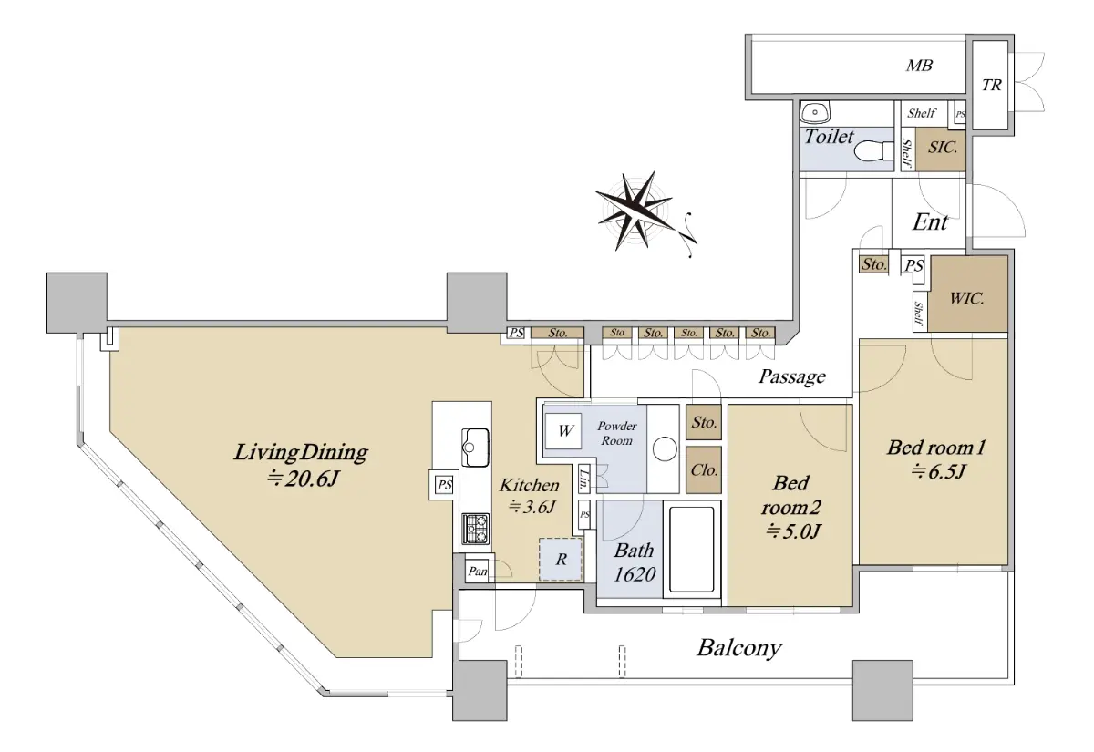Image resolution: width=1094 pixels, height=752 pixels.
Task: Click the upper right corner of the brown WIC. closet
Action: click(x=1007, y=256)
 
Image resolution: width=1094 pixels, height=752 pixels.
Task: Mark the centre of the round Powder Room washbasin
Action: click(x=665, y=448)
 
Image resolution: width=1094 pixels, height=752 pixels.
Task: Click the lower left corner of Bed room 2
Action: click(x=728, y=605)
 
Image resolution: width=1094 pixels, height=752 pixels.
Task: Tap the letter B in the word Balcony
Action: click(x=706, y=648)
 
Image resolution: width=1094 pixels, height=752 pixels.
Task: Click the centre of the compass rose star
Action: click(x=634, y=211)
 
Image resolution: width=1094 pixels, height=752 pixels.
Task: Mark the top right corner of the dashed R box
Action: click(x=583, y=538)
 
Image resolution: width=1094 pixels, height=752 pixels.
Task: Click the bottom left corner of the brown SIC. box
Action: click(x=915, y=171)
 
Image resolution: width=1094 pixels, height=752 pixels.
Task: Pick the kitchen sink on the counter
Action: click(x=475, y=448)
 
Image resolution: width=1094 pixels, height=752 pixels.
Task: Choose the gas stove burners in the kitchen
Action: click(x=476, y=529)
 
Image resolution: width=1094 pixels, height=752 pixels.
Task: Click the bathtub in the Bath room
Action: click(x=692, y=549)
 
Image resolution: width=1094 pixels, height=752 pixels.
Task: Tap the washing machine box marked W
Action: click(x=563, y=431)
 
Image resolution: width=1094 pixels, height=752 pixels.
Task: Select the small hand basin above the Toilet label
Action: click(x=815, y=112)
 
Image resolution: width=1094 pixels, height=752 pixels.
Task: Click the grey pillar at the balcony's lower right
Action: click(x=882, y=691)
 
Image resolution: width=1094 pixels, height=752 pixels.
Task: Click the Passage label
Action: click(x=791, y=376)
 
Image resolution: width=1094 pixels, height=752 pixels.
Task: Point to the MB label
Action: click(x=919, y=66)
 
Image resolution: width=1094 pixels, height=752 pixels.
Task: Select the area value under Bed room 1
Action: click(x=938, y=472)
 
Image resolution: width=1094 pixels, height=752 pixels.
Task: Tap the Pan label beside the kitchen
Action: click(x=477, y=571)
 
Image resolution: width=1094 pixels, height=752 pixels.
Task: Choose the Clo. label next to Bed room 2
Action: click(x=704, y=469)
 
